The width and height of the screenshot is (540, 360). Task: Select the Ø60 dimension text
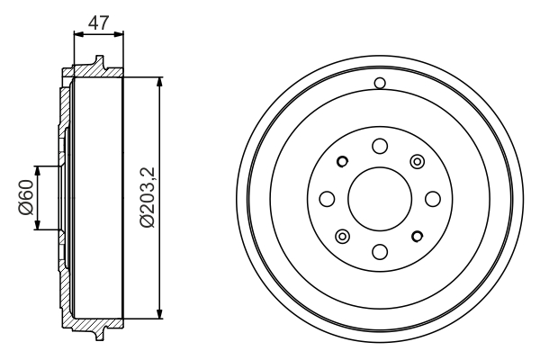coord(24,199)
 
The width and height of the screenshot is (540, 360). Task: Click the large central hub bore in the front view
coord(379,198)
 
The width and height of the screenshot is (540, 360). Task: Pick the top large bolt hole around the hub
coord(379,146)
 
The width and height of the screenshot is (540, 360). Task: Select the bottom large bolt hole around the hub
coord(379,250)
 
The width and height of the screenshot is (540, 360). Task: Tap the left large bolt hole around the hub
coord(327,198)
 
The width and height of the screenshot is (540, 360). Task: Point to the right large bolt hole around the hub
coord(431,198)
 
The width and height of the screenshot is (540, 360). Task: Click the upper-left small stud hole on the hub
coord(342,162)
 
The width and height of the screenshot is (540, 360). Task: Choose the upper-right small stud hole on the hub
coord(416,161)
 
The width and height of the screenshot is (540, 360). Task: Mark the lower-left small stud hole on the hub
coord(342,236)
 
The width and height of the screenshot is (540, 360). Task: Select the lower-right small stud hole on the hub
coord(416,236)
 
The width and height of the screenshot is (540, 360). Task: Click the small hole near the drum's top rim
coord(379,85)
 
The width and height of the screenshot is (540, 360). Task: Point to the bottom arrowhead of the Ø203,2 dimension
coord(159,315)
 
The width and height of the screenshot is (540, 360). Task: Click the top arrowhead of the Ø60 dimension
coord(36,169)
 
